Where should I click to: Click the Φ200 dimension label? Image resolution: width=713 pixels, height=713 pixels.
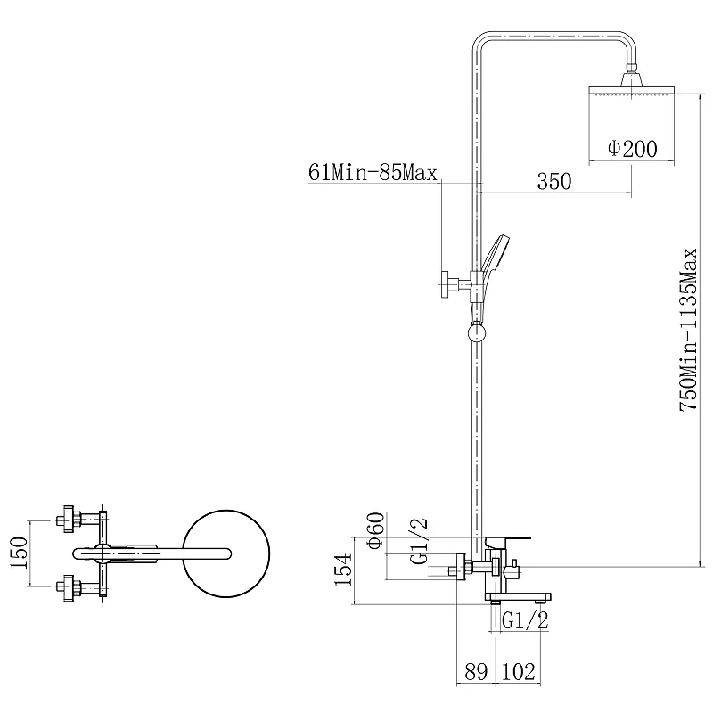[x=633, y=149]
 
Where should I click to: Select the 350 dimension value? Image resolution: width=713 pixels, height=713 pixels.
[x=554, y=182]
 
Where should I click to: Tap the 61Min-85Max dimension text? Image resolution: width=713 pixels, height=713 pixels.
[x=373, y=173]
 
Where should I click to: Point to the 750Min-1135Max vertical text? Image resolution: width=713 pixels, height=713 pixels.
[x=688, y=330]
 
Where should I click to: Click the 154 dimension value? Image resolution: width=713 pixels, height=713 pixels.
[x=343, y=570]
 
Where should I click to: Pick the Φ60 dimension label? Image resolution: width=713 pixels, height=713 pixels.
[x=376, y=530]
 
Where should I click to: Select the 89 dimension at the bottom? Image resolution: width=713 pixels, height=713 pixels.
[x=476, y=672]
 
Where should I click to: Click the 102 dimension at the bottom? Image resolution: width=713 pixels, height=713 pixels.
[x=519, y=672]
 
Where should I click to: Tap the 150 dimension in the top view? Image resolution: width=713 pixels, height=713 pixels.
[x=20, y=553]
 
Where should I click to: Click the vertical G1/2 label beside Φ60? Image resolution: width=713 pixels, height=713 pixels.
[x=419, y=541]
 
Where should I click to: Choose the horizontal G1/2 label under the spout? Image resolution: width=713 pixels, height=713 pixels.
[x=525, y=620]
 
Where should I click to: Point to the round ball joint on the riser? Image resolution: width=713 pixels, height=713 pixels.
[x=477, y=332]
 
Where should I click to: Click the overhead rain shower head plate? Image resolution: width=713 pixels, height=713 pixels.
[x=632, y=90]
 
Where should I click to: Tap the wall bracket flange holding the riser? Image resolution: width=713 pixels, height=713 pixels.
[x=445, y=284]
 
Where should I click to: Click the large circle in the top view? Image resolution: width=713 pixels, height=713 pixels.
[x=226, y=553]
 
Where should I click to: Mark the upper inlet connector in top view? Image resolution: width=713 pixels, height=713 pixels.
[x=78, y=519]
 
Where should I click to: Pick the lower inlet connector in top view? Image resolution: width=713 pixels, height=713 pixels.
[x=78, y=587]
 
